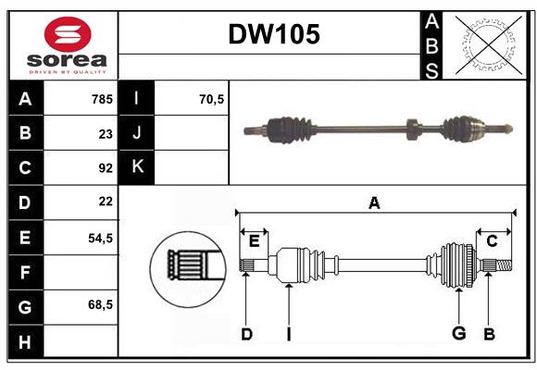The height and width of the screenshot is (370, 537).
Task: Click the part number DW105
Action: (274, 35)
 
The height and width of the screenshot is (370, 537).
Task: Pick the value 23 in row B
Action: (106, 133)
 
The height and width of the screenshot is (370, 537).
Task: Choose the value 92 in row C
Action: (106, 168)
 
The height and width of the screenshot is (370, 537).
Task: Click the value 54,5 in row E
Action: (100, 238)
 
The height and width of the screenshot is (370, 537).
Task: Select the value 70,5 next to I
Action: (212, 98)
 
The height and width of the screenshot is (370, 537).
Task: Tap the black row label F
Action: (25, 272)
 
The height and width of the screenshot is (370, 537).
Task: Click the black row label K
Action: (138, 167)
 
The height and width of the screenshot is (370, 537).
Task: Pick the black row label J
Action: (138, 133)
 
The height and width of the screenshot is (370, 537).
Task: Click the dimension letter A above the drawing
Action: (374, 203)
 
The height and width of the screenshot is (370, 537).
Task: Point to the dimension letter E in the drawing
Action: (254, 241)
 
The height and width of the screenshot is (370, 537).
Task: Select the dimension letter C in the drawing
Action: (493, 241)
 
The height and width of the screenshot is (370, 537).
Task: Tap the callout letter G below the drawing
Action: (458, 333)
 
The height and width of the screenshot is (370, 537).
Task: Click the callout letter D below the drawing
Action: (246, 333)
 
